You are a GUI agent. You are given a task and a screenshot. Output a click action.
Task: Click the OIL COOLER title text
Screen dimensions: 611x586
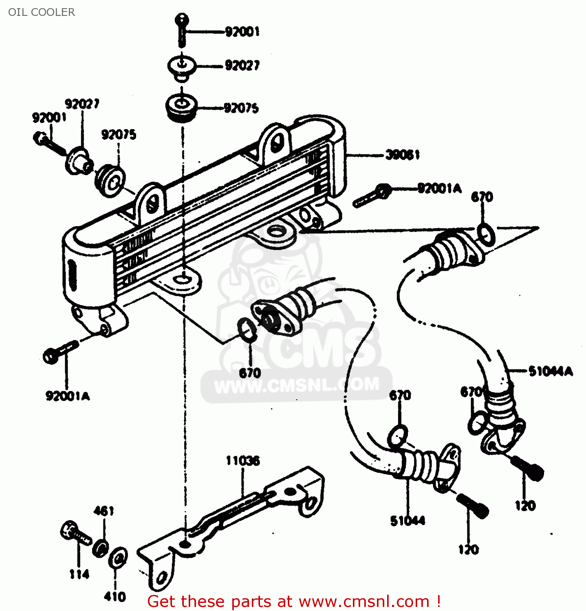(x=42, y=12)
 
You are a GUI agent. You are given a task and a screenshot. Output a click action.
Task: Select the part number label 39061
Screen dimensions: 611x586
(x=402, y=155)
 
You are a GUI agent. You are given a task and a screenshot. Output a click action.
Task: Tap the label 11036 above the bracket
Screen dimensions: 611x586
(x=243, y=461)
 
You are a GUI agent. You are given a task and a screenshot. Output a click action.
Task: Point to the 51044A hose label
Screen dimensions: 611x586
(x=551, y=371)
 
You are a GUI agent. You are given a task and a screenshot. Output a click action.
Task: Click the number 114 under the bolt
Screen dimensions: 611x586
(x=79, y=574)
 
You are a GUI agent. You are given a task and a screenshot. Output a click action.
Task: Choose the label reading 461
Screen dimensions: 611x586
(x=104, y=511)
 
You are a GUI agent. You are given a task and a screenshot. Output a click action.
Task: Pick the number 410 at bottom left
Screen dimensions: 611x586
(x=115, y=597)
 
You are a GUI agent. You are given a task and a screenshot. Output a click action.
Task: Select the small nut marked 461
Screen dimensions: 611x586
(x=100, y=548)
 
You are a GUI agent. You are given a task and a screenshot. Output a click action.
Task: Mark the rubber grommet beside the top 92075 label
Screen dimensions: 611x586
(x=182, y=108)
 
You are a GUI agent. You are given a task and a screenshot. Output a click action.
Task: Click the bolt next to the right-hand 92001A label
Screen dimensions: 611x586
(x=373, y=195)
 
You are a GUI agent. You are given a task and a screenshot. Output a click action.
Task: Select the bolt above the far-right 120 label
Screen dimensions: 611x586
(x=528, y=468)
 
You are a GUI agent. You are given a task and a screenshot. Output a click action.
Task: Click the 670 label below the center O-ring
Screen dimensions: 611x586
(x=250, y=373)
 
